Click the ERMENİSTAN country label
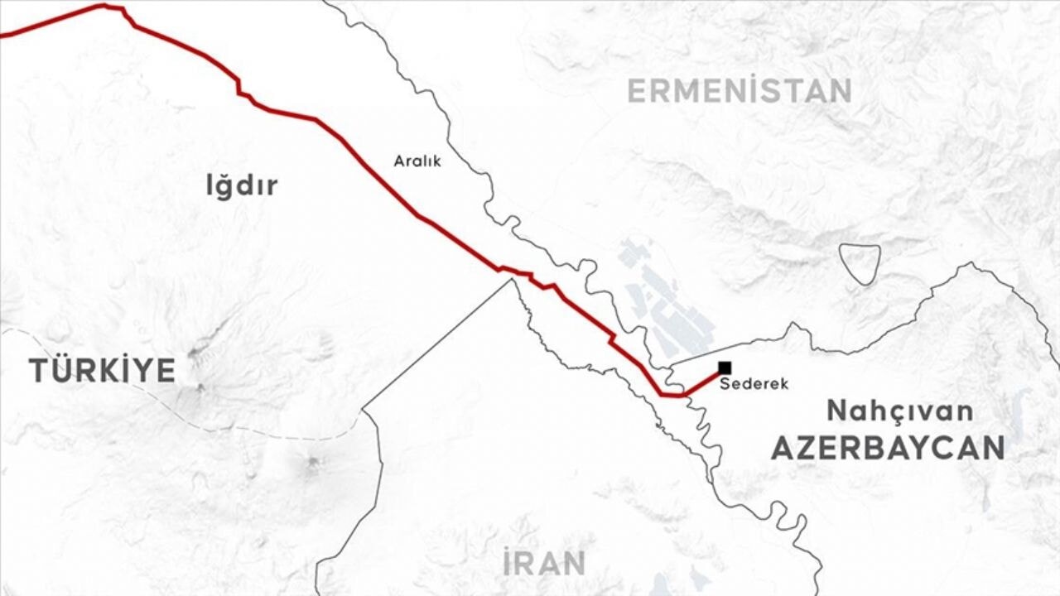pos(739,90)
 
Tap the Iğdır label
pos(242,186)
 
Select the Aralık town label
pos(417,161)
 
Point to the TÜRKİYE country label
pos(103,370)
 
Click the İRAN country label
pos(544,563)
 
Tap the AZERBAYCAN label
pos(888,448)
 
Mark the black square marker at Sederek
pos(725,368)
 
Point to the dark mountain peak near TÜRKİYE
pos(199,387)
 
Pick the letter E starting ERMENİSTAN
pos(636,90)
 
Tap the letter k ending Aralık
pos(437,161)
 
